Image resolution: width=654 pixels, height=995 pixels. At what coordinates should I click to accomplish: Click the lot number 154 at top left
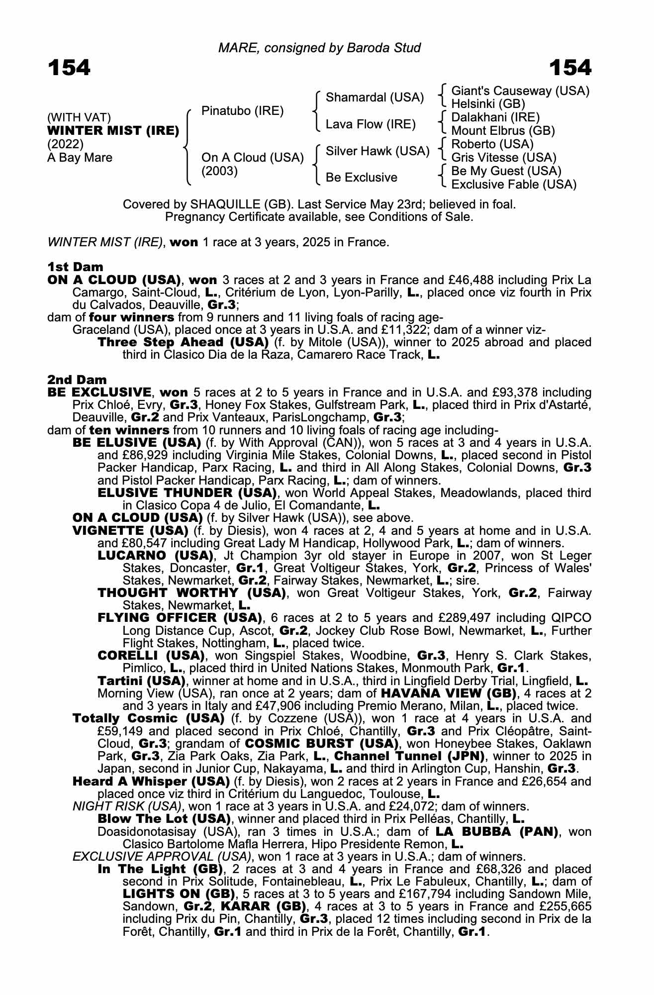[x=69, y=68]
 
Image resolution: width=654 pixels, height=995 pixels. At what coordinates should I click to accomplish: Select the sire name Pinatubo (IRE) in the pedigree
[x=242, y=111]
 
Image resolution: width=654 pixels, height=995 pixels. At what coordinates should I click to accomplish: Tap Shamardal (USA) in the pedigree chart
[x=374, y=98]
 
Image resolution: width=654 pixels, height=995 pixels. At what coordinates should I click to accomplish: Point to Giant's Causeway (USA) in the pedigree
[x=520, y=91]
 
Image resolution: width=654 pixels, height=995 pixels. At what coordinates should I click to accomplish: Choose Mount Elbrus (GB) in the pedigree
[x=503, y=131]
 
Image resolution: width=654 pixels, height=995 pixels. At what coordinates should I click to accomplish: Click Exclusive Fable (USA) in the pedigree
[x=514, y=185]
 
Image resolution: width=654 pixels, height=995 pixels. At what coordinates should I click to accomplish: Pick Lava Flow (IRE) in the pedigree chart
[x=371, y=124]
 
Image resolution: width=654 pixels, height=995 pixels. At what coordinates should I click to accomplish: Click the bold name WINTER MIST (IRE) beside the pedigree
[x=113, y=131]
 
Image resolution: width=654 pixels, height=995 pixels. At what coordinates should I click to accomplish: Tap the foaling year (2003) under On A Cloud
[x=219, y=171]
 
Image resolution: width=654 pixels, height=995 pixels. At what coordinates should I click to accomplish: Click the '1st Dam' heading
[x=75, y=267]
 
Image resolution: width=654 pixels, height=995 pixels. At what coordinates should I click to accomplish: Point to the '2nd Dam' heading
[x=77, y=381]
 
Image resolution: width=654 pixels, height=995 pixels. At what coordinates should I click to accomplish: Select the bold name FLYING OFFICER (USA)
[x=180, y=618]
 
